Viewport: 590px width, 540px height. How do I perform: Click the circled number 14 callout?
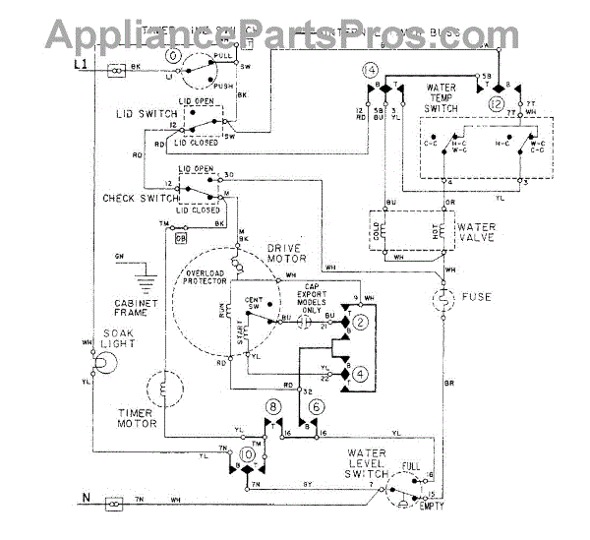click(x=369, y=70)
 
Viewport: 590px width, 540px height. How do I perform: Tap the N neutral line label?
click(x=84, y=510)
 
